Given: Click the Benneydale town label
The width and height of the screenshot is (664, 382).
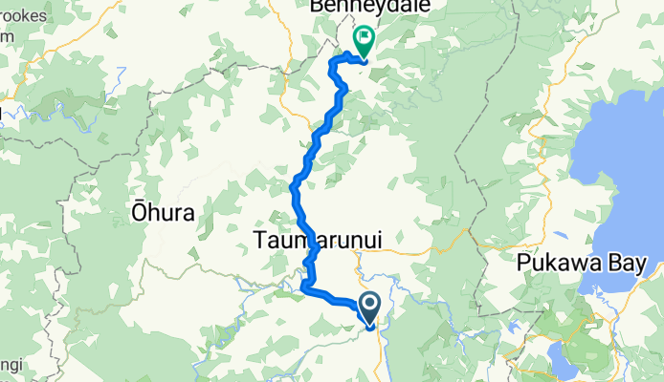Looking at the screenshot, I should [x=373, y=7].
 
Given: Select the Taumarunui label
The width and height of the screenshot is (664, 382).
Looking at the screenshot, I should [x=318, y=242].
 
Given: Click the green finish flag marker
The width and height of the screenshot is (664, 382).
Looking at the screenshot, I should [x=365, y=41].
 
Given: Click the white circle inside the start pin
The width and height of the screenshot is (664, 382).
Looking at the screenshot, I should [x=370, y=305].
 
